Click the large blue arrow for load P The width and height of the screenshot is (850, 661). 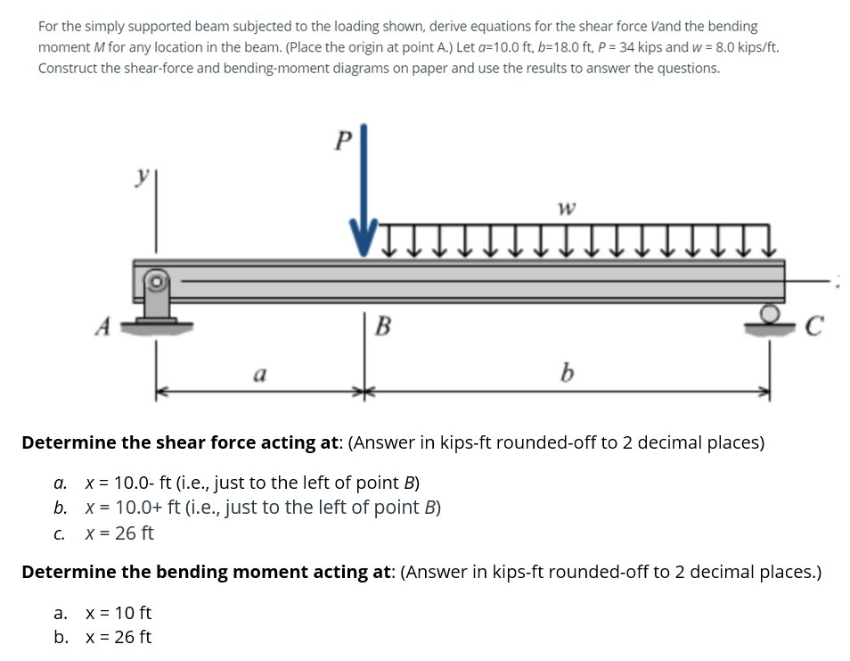coord(364,205)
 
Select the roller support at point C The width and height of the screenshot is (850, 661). coord(769,320)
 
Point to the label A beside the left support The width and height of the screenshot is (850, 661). coord(102,327)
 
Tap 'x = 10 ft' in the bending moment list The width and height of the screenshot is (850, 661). coord(119,613)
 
